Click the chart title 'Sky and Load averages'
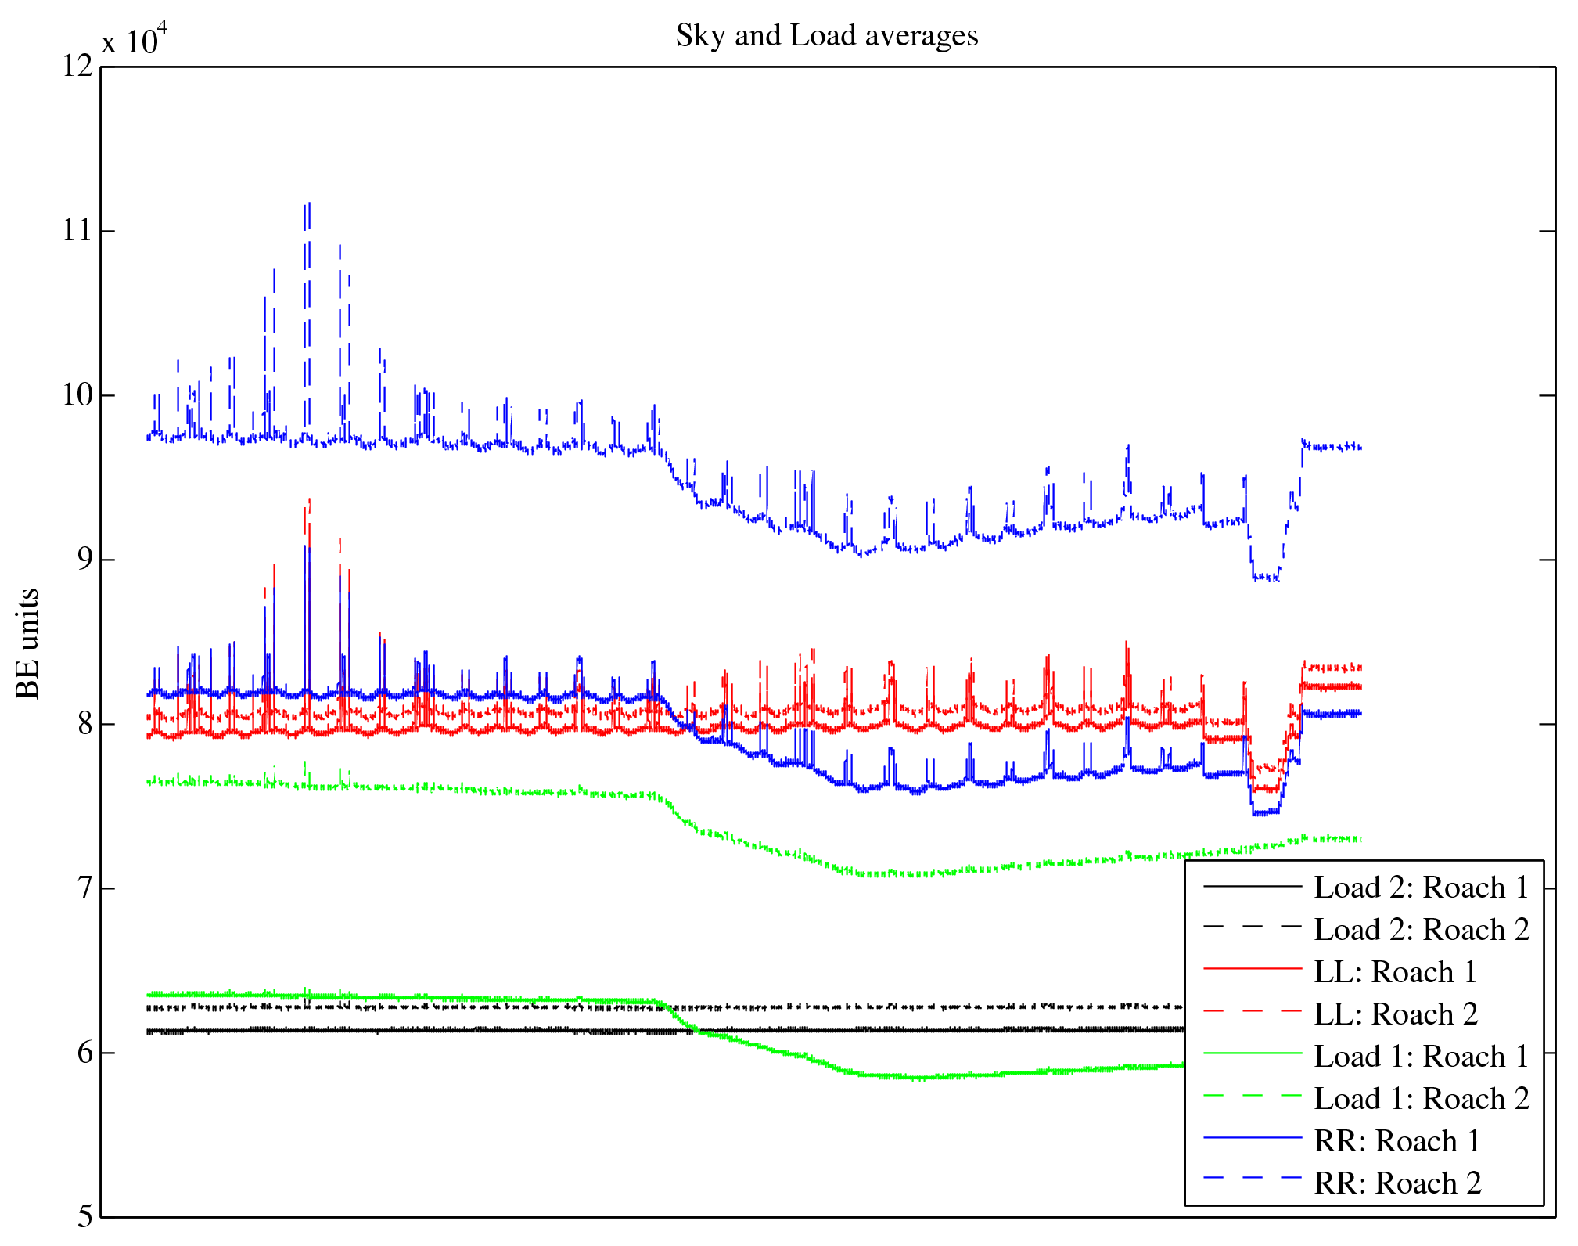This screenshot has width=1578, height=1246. pyautogui.click(x=827, y=36)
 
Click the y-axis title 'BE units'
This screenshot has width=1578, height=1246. pyautogui.click(x=28, y=643)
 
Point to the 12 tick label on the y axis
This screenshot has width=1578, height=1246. pyautogui.click(x=77, y=66)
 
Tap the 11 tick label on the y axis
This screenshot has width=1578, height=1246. pyautogui.click(x=77, y=230)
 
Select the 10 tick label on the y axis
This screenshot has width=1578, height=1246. pyautogui.click(x=77, y=394)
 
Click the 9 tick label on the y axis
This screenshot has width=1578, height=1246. pyautogui.click(x=84, y=559)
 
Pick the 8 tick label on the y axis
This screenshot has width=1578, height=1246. pyautogui.click(x=84, y=723)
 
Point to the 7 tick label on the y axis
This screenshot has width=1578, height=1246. pyautogui.click(x=84, y=888)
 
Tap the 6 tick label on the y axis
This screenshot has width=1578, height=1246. pyautogui.click(x=84, y=1052)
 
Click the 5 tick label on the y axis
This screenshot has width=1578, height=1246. pyautogui.click(x=84, y=1216)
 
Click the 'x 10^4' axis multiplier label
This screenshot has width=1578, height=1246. pyautogui.click(x=135, y=39)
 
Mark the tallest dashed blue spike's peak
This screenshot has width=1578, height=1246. pyautogui.click(x=309, y=203)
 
